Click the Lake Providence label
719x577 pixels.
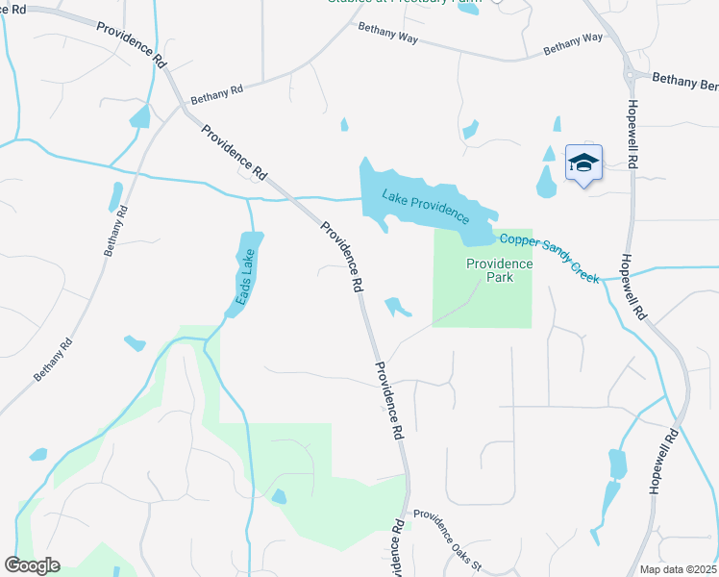click(x=425, y=204)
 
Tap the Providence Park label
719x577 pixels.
click(x=499, y=270)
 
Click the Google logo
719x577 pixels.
click(x=32, y=565)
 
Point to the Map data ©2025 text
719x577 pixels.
click(x=679, y=567)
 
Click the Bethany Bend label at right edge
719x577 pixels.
click(x=684, y=82)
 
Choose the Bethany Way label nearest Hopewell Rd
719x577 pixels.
click(x=572, y=43)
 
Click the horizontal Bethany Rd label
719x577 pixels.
click(x=217, y=93)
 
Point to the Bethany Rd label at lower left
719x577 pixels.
click(x=54, y=358)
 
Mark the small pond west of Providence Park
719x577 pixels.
click(x=397, y=308)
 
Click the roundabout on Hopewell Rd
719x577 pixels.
click(x=634, y=75)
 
